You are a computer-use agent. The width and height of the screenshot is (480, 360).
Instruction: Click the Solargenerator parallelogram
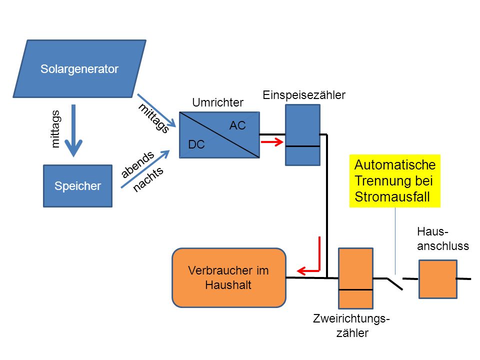[x=79, y=69]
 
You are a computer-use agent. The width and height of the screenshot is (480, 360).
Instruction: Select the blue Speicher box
[x=78, y=186]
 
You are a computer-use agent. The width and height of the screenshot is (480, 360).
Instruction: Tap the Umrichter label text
[x=217, y=102]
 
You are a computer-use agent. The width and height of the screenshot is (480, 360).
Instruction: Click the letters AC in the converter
[x=237, y=125]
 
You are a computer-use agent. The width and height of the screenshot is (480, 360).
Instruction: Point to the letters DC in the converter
[x=196, y=144]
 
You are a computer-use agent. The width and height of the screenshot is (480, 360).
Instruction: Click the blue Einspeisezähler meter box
[x=303, y=135]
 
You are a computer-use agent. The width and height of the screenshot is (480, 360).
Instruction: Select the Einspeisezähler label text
[x=304, y=95]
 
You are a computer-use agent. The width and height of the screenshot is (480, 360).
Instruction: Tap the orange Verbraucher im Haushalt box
[x=229, y=277]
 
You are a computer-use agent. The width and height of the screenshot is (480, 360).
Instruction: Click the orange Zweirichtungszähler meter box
[x=355, y=278]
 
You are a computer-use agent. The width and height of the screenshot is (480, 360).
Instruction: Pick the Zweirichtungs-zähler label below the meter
[x=351, y=325]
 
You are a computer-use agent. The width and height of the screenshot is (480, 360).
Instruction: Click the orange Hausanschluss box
[x=438, y=279]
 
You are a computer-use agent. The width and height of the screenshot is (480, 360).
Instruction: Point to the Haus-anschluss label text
[x=442, y=239]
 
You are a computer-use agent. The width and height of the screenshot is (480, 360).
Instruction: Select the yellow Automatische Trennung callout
[x=395, y=181]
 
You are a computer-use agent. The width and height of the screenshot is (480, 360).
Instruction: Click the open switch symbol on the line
[x=395, y=283]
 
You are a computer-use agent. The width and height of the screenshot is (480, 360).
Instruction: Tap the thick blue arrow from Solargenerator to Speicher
[x=73, y=130]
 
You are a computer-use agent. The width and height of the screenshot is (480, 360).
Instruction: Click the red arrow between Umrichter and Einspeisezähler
[x=272, y=142]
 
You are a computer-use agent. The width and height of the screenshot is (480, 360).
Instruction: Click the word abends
[x=137, y=164]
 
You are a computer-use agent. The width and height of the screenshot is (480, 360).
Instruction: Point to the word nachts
[x=148, y=179]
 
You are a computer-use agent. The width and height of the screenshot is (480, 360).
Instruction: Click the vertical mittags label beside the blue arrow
[x=55, y=129]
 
